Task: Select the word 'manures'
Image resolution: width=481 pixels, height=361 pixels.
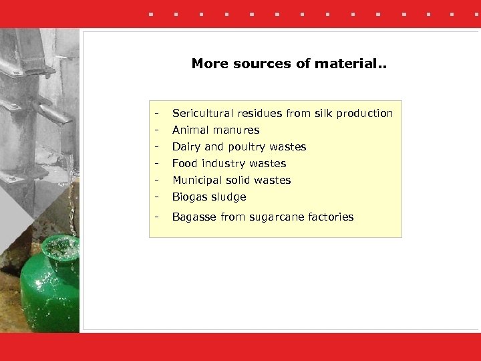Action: (x=237, y=130)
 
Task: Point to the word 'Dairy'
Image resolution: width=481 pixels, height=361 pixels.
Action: (x=186, y=147)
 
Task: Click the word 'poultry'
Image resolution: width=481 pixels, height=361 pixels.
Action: (x=247, y=147)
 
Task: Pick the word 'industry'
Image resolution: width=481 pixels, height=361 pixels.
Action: (x=222, y=164)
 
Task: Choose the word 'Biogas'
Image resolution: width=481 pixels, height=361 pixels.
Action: (x=190, y=197)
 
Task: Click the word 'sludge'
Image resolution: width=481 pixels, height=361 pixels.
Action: (x=228, y=197)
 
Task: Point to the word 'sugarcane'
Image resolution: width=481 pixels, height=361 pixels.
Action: (x=271, y=217)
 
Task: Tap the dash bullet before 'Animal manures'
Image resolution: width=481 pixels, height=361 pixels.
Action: (x=156, y=130)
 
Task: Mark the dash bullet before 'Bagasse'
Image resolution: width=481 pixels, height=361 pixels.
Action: (x=156, y=217)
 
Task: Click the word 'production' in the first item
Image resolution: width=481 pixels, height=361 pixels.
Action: (x=365, y=114)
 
